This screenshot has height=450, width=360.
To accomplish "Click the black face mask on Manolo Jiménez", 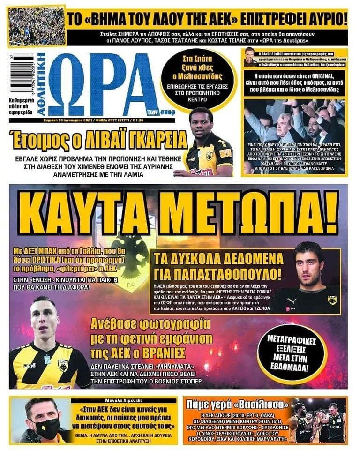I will pyautogui.click(x=47, y=427).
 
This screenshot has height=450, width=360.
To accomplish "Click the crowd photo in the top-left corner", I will pyautogui.click(x=37, y=26).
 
